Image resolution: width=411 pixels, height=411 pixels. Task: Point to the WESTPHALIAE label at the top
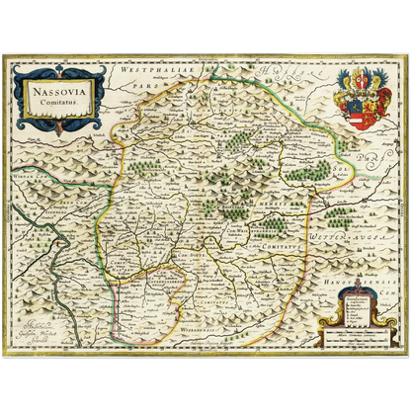148,72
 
